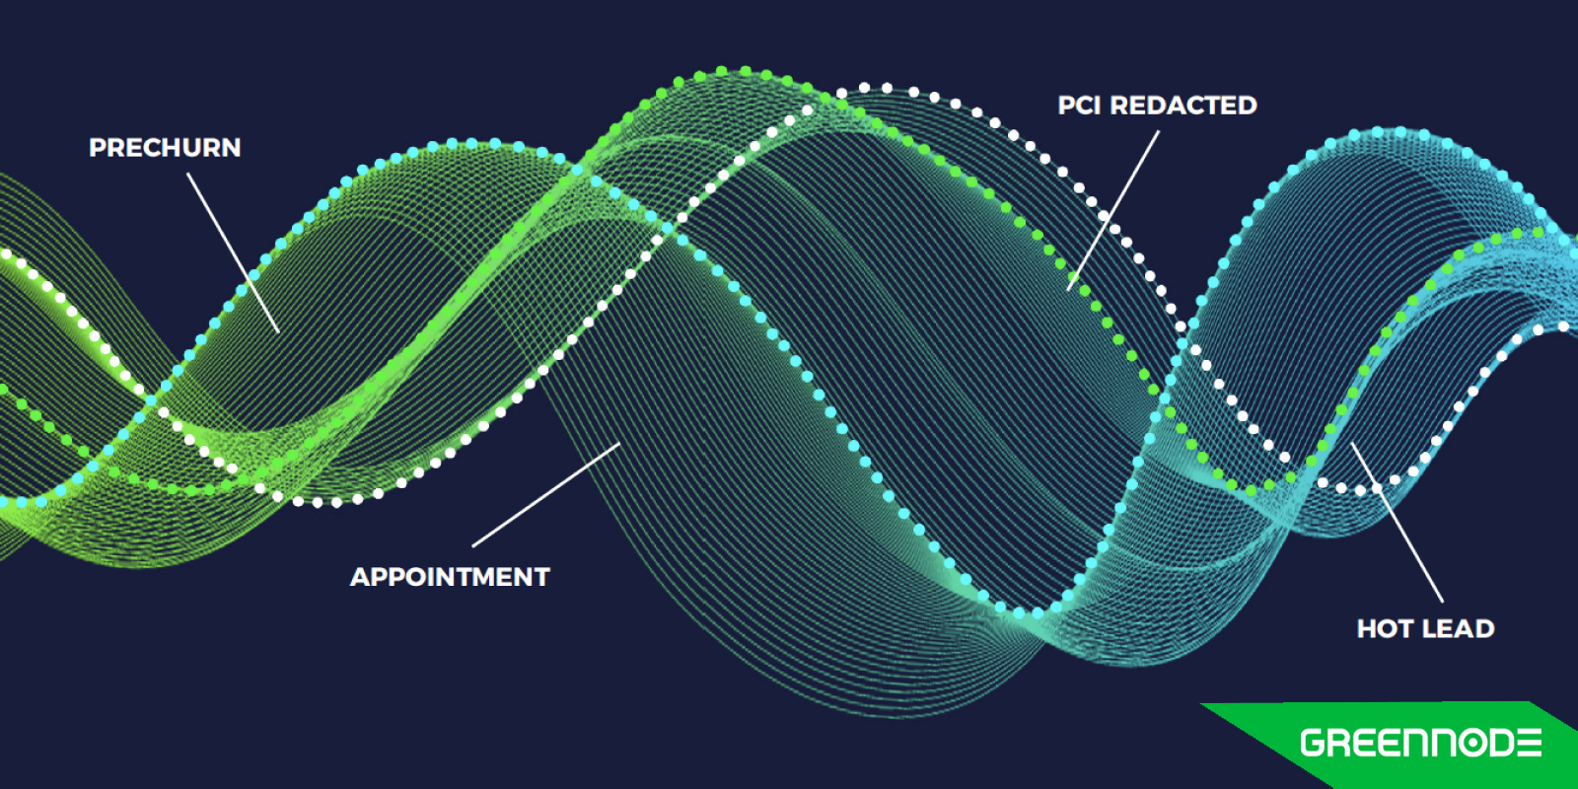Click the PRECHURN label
tap(165, 148)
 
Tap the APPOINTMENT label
tap(450, 577)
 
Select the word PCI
tap(1081, 106)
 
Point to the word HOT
tap(1385, 629)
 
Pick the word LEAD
tap(1458, 629)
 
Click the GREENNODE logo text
tap(1421, 744)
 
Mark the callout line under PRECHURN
tap(233, 252)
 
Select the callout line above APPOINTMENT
tap(546, 494)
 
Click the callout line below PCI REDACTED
tap(1113, 210)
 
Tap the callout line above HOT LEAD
tap(1397, 522)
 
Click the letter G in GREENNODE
tap(1314, 744)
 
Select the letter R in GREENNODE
tap(1342, 744)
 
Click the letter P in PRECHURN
tap(98, 148)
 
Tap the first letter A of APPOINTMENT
tap(361, 577)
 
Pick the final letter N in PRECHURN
tap(231, 148)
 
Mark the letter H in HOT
tap(1367, 629)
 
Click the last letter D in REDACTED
tap(1248, 106)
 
